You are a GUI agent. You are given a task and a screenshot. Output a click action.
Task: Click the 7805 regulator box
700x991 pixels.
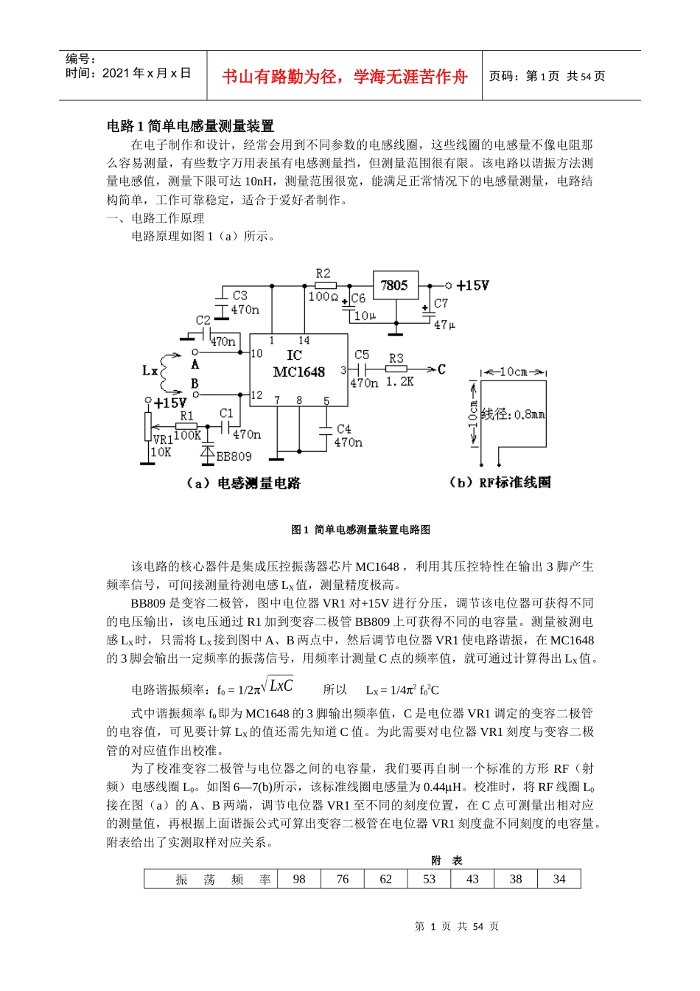point(395,285)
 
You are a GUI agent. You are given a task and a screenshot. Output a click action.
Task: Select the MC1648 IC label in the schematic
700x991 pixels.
point(298,372)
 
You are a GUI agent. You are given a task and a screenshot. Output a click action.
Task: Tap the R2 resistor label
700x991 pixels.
point(323,274)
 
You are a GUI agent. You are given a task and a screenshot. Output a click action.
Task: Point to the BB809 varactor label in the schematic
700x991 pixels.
point(234,456)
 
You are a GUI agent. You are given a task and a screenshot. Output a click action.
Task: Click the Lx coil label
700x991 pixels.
point(149,369)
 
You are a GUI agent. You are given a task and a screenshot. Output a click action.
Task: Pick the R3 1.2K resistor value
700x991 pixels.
point(400,382)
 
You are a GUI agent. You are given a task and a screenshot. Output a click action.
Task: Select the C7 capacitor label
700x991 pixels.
point(441,303)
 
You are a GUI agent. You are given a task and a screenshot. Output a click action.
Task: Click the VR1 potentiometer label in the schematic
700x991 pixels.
point(162,439)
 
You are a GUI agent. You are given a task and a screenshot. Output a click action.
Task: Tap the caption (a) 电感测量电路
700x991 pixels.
point(243,483)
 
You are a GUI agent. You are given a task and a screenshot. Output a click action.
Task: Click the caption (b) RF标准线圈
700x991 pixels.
point(500,482)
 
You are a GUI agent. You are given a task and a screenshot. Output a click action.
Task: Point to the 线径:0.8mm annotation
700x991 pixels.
point(513,414)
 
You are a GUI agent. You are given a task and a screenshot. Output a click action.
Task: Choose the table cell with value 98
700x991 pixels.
point(299,879)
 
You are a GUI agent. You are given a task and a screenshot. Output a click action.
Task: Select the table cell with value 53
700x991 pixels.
point(430,879)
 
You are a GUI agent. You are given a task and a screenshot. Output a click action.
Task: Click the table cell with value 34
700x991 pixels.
point(559,879)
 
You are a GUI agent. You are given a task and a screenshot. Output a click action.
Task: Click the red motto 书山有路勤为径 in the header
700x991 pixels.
point(344,77)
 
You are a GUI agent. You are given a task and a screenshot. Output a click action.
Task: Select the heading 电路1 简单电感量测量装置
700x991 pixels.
point(190,126)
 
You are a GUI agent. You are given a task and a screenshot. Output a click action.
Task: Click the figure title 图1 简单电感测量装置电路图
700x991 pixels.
point(360,529)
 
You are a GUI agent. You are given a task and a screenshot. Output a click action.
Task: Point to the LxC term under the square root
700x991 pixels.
point(281,686)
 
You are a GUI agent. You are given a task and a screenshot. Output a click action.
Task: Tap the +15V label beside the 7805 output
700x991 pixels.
point(472,285)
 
